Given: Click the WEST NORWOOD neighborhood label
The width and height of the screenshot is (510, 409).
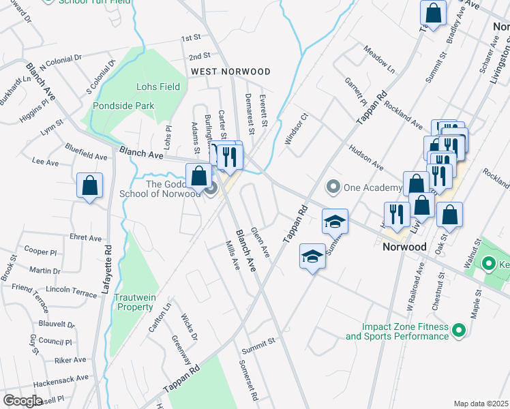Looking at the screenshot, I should click(230, 72).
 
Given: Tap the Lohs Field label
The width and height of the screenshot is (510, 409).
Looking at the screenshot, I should click(158, 87).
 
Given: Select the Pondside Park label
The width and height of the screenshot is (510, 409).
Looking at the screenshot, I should click(123, 106).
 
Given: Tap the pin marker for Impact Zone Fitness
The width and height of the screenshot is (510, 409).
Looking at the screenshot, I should click(459, 331).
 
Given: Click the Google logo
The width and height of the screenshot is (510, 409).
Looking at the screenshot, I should click(22, 401).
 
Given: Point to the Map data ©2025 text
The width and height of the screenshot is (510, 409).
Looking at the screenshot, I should click(481, 404).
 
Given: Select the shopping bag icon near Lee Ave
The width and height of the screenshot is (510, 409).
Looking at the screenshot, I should click(90, 186).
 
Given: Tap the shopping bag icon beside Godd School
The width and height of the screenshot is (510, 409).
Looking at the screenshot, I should click(198, 177).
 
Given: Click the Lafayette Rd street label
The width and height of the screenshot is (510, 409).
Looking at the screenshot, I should click(106, 269).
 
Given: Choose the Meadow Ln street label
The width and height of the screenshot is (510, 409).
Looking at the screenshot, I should click(379, 61).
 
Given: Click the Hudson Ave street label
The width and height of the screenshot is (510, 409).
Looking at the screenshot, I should click(365, 157).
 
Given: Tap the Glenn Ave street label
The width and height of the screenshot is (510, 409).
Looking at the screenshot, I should click(260, 243).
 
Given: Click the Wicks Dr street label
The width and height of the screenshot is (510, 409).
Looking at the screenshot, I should click(189, 328).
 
